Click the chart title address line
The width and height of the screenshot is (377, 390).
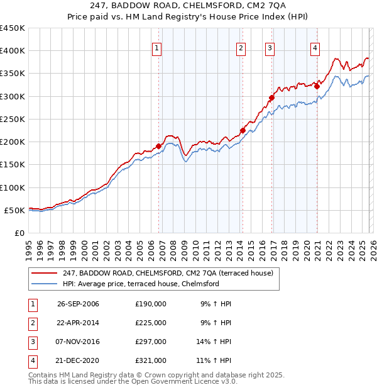coord(188,5)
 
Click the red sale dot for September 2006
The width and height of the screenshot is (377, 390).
coord(158,146)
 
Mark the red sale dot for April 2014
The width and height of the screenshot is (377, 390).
coord(243,130)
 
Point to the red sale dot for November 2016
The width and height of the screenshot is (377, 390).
coord(271,97)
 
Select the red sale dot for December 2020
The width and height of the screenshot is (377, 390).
coord(317,87)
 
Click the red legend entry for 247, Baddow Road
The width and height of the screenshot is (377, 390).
coord(168,273)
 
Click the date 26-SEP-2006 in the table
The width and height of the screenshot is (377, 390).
coord(78,304)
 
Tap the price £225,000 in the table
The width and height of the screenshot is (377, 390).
coord(150,323)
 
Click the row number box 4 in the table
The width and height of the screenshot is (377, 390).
coord(31,360)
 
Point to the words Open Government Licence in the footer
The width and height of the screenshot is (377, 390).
coord(186,381)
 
